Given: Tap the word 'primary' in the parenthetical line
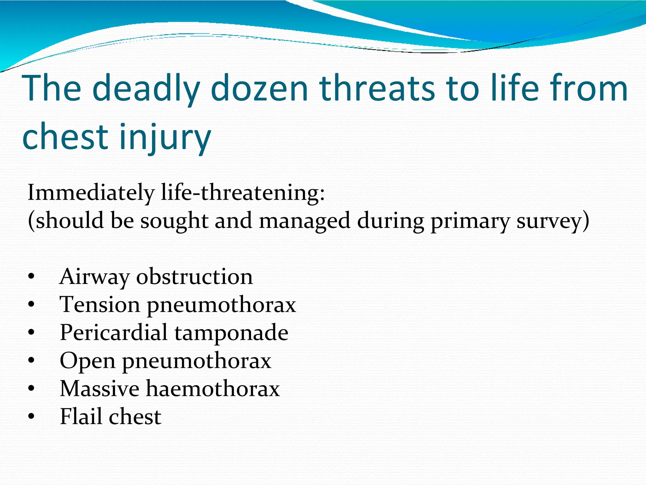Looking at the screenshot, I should (470, 221).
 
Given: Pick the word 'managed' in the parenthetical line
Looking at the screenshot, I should (305, 221).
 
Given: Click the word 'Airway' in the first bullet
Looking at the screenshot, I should (94, 277).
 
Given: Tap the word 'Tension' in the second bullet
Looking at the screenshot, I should (100, 305).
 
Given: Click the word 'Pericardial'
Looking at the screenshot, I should (114, 332).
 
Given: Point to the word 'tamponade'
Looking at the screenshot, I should (232, 333).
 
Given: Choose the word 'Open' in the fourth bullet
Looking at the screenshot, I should (87, 361).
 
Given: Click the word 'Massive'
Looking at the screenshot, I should (99, 388).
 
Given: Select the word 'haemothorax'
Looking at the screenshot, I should (213, 388).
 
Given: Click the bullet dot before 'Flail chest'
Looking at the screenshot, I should (31, 417).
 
